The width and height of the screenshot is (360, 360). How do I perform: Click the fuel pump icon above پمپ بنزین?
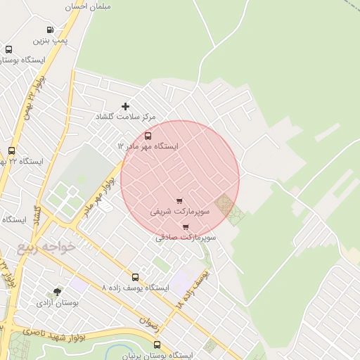click(50, 30)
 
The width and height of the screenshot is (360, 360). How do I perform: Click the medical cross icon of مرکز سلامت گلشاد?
click(126, 106)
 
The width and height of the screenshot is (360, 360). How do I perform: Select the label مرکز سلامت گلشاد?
click(126, 117)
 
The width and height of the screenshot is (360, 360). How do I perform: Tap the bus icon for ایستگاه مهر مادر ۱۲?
click(148, 136)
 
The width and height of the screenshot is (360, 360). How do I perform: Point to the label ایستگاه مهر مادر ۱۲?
click(148, 146)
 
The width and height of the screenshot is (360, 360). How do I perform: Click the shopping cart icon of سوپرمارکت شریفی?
click(179, 200)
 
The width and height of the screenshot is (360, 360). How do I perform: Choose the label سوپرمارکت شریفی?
click(179, 211)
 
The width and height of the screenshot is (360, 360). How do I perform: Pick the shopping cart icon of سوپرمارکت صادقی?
click(186, 227)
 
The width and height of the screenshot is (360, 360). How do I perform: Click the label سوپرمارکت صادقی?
click(186, 238)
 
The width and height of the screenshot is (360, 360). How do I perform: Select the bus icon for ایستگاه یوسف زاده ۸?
click(135, 277)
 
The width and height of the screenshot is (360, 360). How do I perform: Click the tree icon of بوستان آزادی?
click(57, 292)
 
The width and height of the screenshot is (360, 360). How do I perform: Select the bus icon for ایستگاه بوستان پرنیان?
click(157, 345)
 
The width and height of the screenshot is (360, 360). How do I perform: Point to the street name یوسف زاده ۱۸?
click(191, 290)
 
